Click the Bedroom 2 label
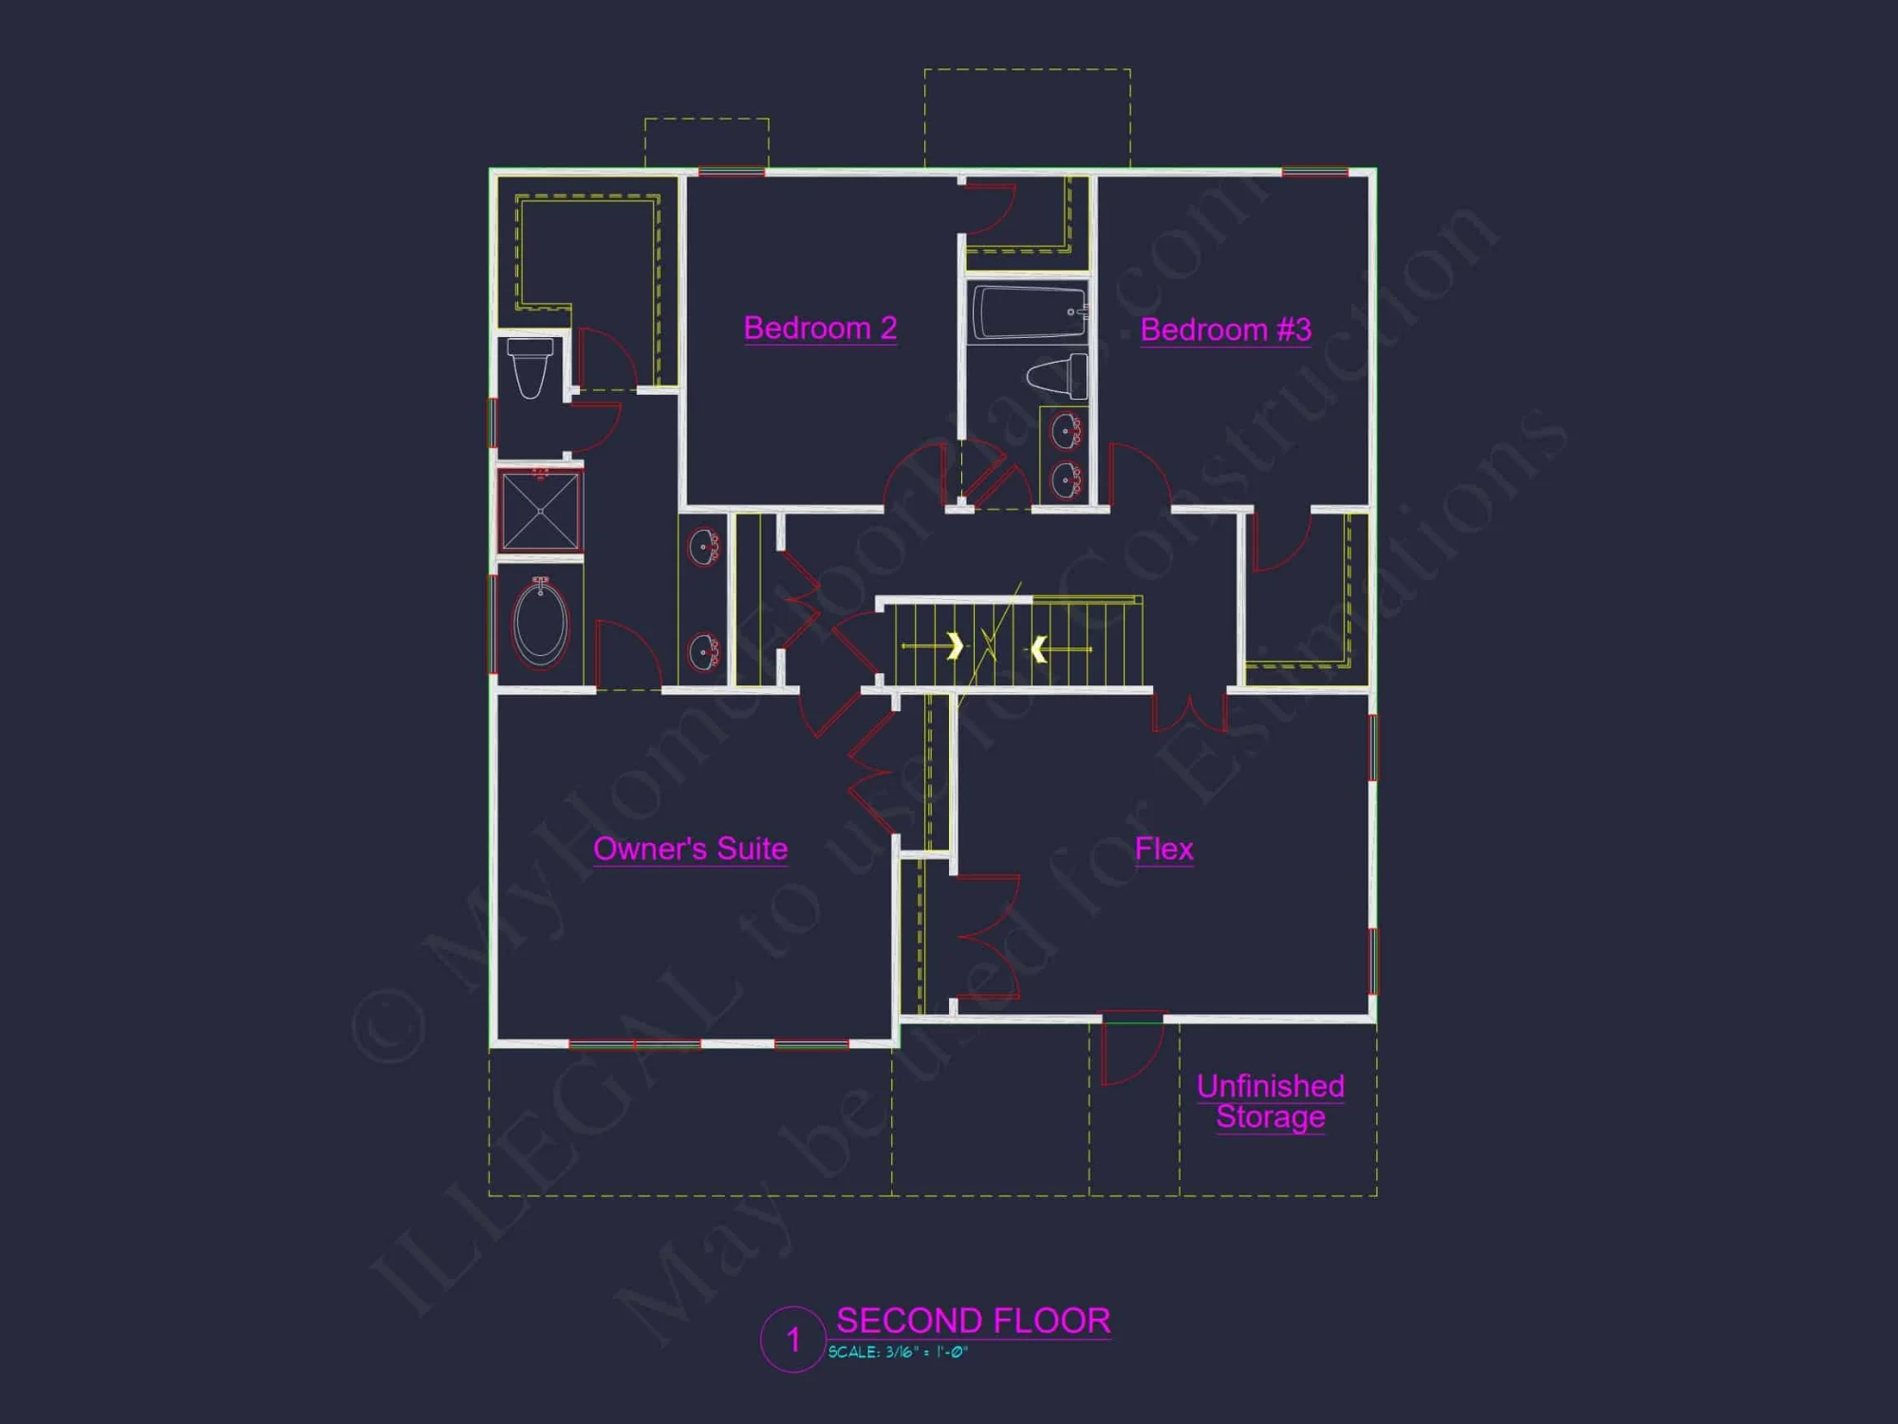point(820,328)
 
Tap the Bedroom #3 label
point(1225,330)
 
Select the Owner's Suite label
point(690,849)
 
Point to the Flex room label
point(1163,849)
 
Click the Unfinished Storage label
point(1270,1101)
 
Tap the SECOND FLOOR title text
point(973,1321)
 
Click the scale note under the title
point(898,1352)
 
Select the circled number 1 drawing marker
point(792,1340)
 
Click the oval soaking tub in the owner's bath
point(540,624)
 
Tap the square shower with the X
point(540,512)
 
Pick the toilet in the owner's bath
point(530,367)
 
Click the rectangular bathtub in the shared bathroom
point(1028,311)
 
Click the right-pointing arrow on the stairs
point(954,646)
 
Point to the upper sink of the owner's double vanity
point(703,548)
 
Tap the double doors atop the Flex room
point(1189,713)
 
